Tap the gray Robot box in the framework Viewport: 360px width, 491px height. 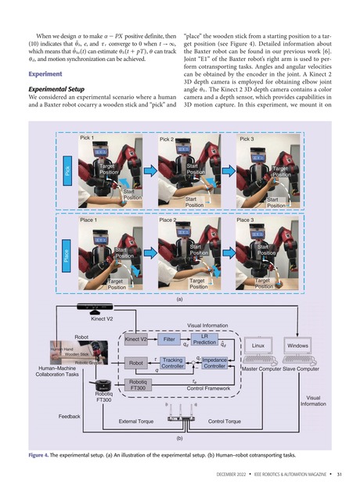coord(137,364)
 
